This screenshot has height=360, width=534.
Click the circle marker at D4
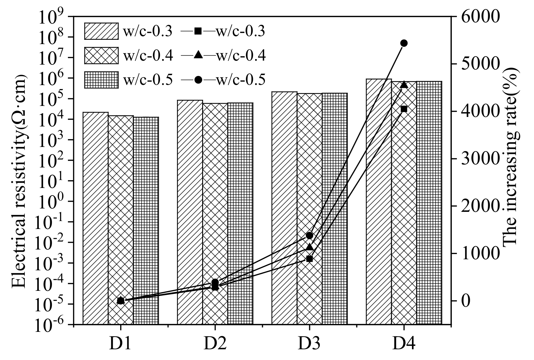[404, 43]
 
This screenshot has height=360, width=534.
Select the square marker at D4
[404, 109]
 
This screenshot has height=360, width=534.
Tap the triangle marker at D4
[404, 84]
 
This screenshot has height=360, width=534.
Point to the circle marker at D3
[309, 235]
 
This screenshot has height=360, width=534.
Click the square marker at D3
[309, 259]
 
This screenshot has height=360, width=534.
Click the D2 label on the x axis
[215, 344]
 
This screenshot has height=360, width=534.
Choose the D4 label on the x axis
[404, 344]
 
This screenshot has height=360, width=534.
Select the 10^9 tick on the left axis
[50, 18]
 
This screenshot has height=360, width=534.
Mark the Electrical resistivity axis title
[19, 181]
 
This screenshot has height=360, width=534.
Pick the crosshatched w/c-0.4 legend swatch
[101, 55]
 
